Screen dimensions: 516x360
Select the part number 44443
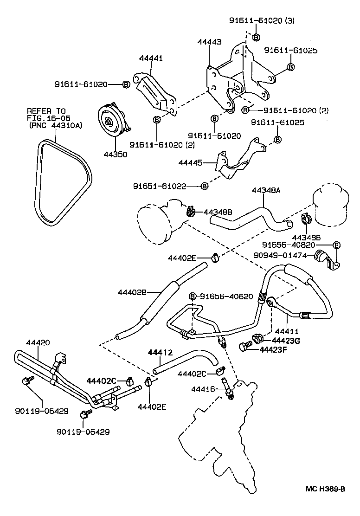pyautogui.click(x=209, y=42)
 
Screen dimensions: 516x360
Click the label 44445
pyautogui.click(x=191, y=163)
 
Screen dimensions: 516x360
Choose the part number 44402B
pyautogui.click(x=132, y=292)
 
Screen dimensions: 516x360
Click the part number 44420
pyautogui.click(x=38, y=342)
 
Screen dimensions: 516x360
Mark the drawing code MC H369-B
pyautogui.click(x=326, y=502)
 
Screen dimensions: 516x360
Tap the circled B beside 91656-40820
pyautogui.click(x=337, y=245)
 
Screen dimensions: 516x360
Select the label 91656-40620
pyautogui.click(x=227, y=296)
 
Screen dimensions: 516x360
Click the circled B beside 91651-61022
pyautogui.click(x=204, y=186)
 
